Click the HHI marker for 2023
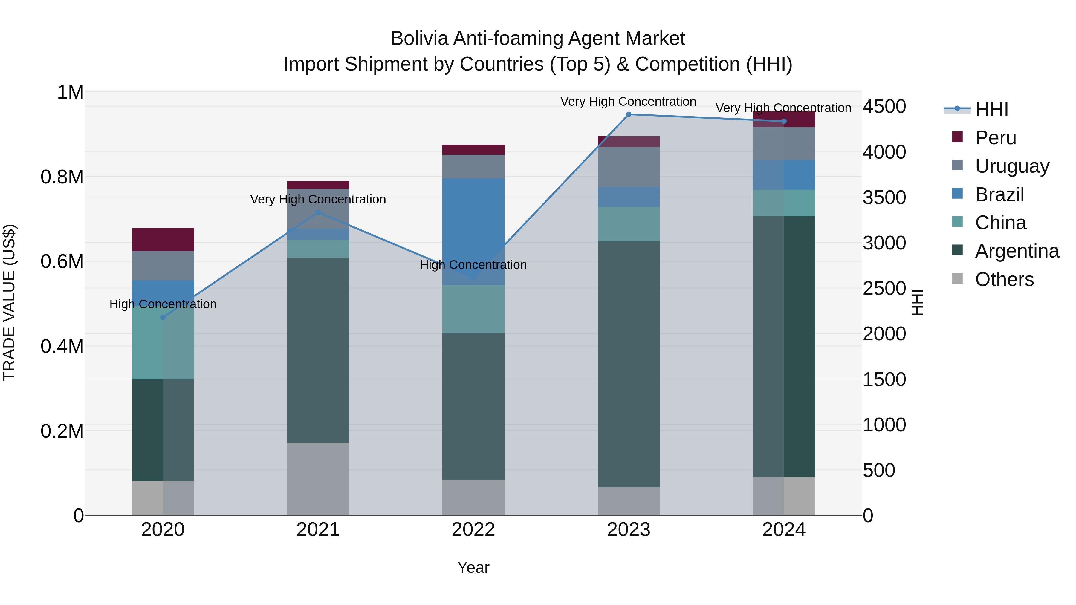(x=629, y=114)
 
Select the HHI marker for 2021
(x=318, y=212)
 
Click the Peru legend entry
(x=995, y=138)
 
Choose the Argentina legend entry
(x=1017, y=251)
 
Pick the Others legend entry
(x=1004, y=279)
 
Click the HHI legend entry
(x=991, y=109)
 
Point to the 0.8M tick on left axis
(x=62, y=177)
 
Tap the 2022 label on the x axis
(x=473, y=530)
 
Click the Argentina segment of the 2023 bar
(x=629, y=363)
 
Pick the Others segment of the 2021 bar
(x=318, y=479)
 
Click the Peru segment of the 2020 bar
(x=163, y=239)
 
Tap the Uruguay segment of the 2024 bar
(x=784, y=143)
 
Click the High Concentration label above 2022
(x=473, y=265)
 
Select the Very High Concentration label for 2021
(x=318, y=200)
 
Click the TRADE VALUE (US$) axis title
(x=9, y=302)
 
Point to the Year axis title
(x=473, y=567)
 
